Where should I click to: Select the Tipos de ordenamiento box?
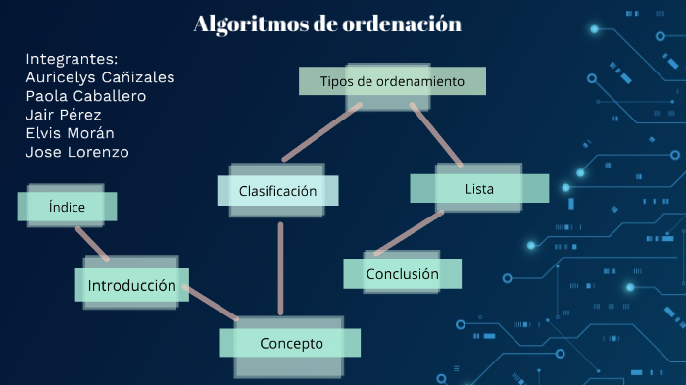click(392, 81)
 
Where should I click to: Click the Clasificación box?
click(277, 191)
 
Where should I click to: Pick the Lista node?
click(479, 188)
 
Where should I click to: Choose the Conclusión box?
click(402, 274)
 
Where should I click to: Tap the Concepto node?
click(291, 343)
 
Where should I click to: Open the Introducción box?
click(131, 286)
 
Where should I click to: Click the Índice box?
click(67, 207)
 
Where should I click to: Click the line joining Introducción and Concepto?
click(211, 303)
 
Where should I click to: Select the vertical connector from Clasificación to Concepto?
click(280, 269)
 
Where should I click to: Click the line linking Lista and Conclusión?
click(410, 233)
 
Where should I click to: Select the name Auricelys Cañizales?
click(101, 77)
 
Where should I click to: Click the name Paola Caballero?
click(86, 96)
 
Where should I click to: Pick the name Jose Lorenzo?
click(77, 152)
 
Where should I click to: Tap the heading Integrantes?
click(72, 59)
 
